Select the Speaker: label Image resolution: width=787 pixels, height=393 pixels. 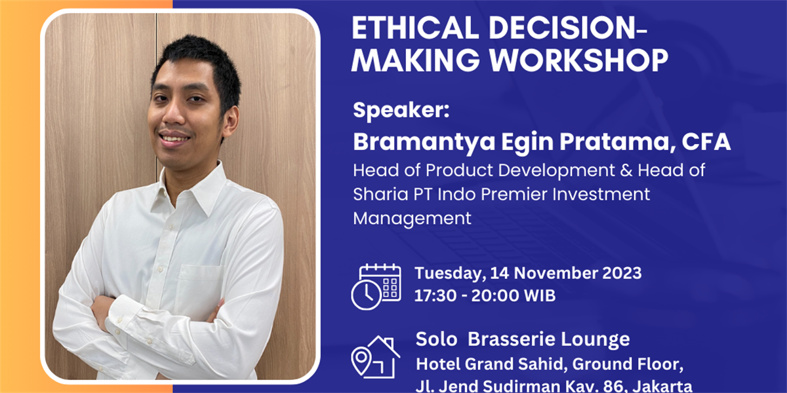(x=401, y=110)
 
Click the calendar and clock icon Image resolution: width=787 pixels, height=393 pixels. (x=376, y=287)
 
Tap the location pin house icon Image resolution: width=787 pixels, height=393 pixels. (x=375, y=356)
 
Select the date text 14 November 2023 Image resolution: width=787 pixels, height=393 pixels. (x=566, y=273)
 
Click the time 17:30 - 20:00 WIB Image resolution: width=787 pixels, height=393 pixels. (x=485, y=295)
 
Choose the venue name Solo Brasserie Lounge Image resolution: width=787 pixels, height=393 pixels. (x=523, y=339)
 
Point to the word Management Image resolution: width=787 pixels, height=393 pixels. (x=412, y=219)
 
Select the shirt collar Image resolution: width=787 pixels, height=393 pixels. (x=192, y=189)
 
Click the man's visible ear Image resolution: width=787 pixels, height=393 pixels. (x=231, y=121)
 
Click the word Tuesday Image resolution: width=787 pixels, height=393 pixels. (x=450, y=274)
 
